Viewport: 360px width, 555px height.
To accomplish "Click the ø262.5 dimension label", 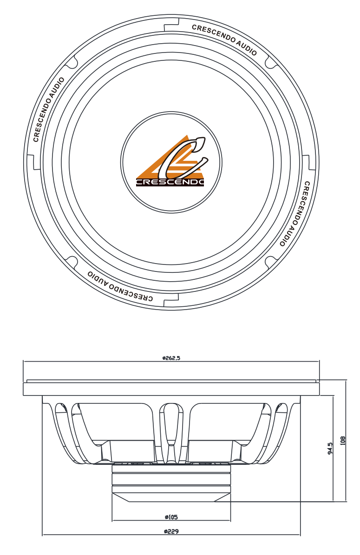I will tap(171, 358).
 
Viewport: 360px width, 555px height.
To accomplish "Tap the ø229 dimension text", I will tap(171, 531).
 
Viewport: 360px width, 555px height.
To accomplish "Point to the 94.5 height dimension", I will tap(330, 449).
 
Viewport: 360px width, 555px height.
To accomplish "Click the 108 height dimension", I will tap(343, 440).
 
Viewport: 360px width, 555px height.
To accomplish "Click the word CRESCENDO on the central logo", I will tap(170, 182).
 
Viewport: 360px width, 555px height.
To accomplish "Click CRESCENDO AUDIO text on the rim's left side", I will tap(49, 110).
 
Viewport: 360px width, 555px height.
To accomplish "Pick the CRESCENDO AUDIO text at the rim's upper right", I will tap(224, 40).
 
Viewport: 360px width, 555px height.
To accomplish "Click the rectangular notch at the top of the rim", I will tap(171, 22).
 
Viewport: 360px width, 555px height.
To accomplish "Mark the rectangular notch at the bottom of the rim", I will tap(171, 302).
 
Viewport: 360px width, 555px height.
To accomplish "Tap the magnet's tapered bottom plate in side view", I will tap(171, 497).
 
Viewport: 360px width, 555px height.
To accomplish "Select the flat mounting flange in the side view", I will tap(171, 388).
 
